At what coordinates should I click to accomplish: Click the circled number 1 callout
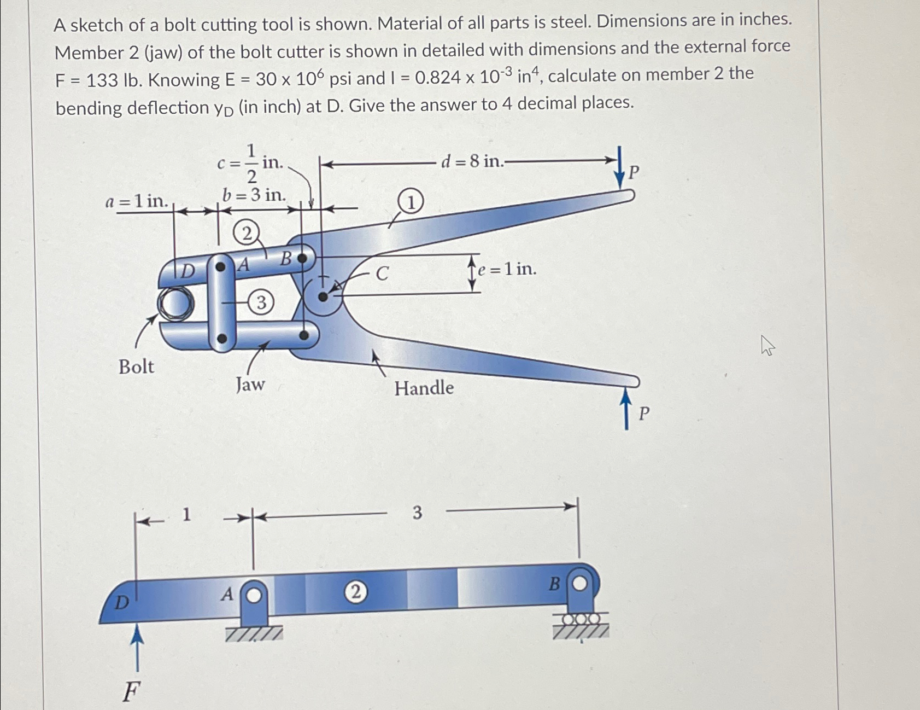click(411, 202)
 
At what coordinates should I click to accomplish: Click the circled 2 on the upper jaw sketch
click(246, 234)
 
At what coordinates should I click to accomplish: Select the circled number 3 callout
click(261, 302)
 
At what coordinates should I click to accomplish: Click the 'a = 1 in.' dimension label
click(137, 201)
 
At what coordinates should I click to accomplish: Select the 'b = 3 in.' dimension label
click(254, 195)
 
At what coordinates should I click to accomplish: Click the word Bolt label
click(136, 366)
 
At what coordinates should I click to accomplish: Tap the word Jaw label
click(250, 385)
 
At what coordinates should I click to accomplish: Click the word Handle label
click(424, 388)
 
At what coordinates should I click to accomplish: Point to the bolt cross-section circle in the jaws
click(175, 304)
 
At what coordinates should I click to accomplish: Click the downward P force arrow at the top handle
click(619, 167)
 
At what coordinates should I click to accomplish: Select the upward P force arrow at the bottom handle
click(627, 410)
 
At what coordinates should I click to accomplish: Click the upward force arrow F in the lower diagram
click(137, 648)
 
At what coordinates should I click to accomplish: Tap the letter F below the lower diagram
click(131, 692)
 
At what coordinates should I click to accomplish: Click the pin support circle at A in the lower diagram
click(254, 595)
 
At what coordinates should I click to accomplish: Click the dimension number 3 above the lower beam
click(417, 513)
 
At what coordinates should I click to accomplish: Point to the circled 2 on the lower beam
click(355, 592)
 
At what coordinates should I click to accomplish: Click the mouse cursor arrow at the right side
click(767, 345)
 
